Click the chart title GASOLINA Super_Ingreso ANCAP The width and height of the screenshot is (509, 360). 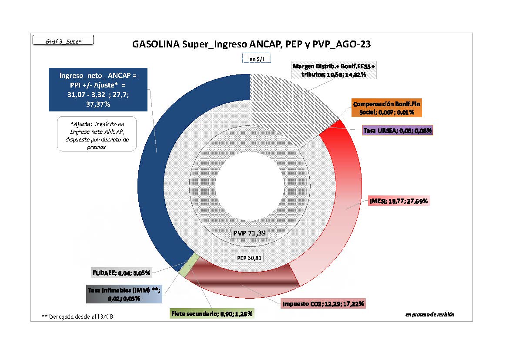251,44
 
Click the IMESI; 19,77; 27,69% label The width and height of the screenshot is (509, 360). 399,201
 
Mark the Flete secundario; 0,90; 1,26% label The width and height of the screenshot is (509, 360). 212,313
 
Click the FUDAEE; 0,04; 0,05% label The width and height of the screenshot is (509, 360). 121,273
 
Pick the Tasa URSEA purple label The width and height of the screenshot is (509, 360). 398,130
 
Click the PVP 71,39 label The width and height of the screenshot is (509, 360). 249,233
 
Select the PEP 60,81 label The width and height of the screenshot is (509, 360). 249,258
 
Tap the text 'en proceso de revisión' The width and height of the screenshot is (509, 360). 429,314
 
